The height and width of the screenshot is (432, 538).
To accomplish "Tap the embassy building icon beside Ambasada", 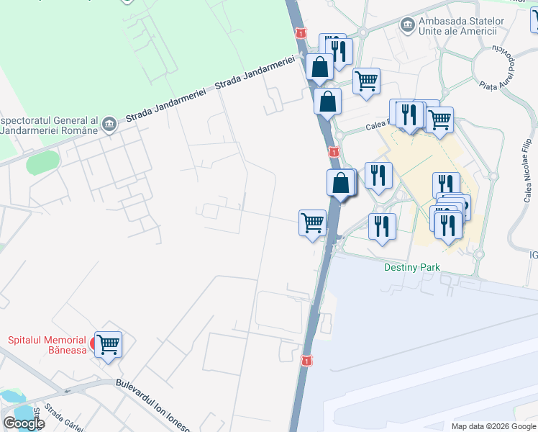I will coord(408,25).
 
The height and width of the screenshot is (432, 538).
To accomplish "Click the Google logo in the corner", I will coord(23,423).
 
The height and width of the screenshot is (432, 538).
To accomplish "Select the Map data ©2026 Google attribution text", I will coord(493,426).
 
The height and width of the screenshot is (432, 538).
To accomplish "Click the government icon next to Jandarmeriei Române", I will coord(109,123).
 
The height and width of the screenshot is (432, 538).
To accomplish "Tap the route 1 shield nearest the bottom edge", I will coord(307,359).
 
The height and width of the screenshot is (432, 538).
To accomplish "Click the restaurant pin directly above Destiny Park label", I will coord(382,225).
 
